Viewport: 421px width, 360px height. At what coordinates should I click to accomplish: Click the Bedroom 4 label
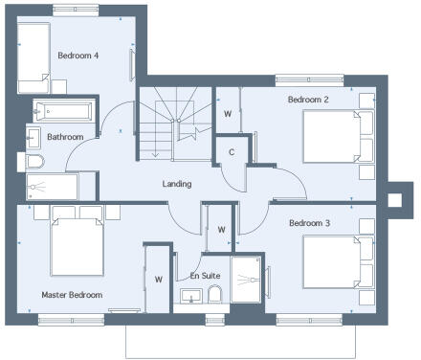[79, 55]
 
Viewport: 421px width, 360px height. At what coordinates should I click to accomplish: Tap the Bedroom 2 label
[308, 99]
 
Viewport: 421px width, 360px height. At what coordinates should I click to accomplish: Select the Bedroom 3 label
[309, 223]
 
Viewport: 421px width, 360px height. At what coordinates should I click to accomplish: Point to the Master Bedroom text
[72, 294]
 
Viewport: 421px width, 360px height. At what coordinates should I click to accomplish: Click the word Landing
[177, 184]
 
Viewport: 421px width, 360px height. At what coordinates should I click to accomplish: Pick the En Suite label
[205, 276]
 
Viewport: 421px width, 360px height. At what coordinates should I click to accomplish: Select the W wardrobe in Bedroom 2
[227, 113]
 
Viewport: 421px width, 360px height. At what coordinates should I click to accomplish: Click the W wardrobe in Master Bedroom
[158, 280]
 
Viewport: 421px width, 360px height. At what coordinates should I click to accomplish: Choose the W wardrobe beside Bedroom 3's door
[221, 230]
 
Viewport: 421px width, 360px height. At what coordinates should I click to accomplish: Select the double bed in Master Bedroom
[77, 246]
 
